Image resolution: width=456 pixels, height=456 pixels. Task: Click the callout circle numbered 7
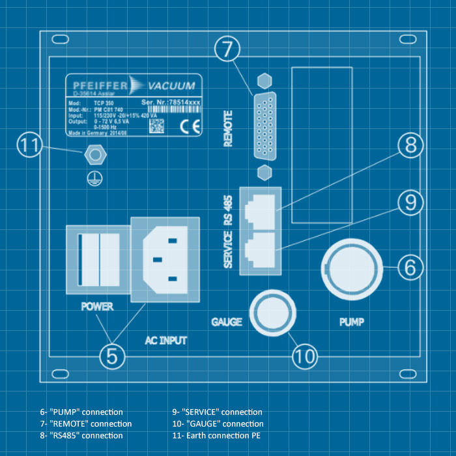tap(227, 48)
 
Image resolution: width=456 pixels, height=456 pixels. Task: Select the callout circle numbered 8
tap(410, 145)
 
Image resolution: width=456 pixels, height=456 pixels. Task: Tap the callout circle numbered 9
tap(410, 203)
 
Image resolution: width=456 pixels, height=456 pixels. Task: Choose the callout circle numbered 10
tap(304, 356)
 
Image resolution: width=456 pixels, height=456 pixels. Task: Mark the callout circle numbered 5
tap(112, 356)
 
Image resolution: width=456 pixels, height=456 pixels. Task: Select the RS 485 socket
tap(261, 208)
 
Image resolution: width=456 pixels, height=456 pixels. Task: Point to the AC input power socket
tap(165, 259)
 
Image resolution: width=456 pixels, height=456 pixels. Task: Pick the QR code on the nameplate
tap(157, 126)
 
